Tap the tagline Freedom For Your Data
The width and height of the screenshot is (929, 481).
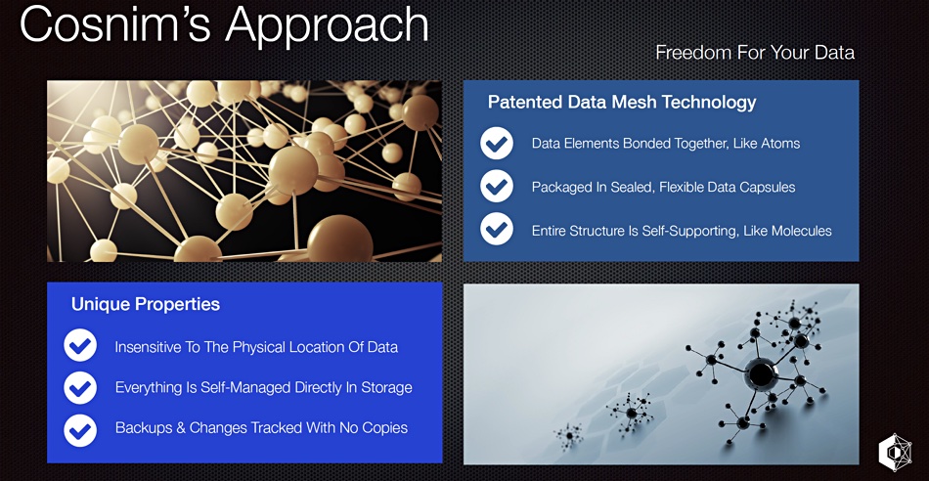[755, 53]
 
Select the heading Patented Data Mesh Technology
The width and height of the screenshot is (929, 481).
[622, 103]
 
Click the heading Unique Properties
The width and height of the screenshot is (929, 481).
[146, 304]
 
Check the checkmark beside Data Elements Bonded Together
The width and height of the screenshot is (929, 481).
[497, 144]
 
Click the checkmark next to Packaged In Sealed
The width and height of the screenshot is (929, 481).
[497, 187]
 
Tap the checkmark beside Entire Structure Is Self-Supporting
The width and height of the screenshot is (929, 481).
[497, 229]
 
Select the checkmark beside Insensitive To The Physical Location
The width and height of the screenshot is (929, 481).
[80, 346]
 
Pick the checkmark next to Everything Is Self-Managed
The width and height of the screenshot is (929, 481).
[80, 387]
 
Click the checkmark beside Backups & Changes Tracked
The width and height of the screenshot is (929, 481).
[80, 429]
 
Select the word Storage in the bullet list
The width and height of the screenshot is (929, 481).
[385, 388]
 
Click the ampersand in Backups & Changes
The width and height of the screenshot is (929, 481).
[178, 427]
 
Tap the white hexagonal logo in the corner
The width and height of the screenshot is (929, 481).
[894, 453]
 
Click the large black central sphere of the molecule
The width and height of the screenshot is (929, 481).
[761, 373]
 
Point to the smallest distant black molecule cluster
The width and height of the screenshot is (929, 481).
[569, 436]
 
